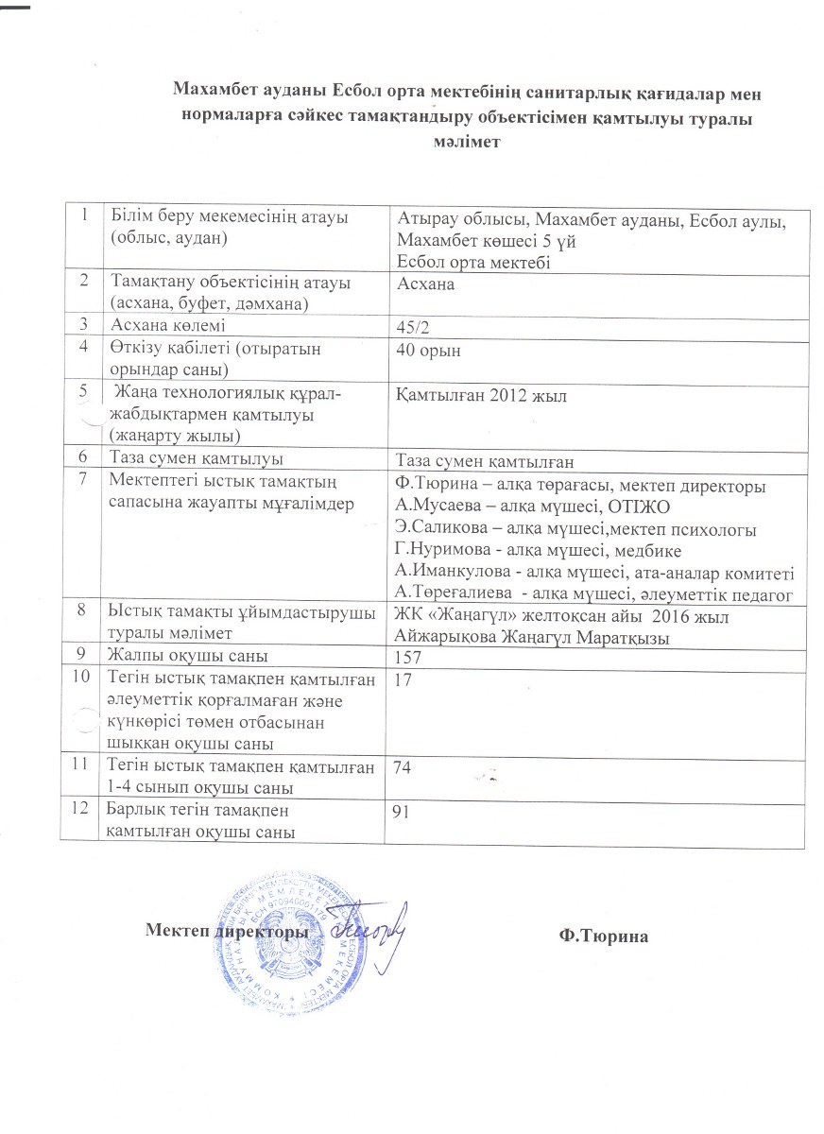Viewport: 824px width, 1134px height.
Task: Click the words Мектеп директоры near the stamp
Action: (x=227, y=932)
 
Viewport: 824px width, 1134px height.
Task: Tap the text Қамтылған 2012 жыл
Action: (x=482, y=397)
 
